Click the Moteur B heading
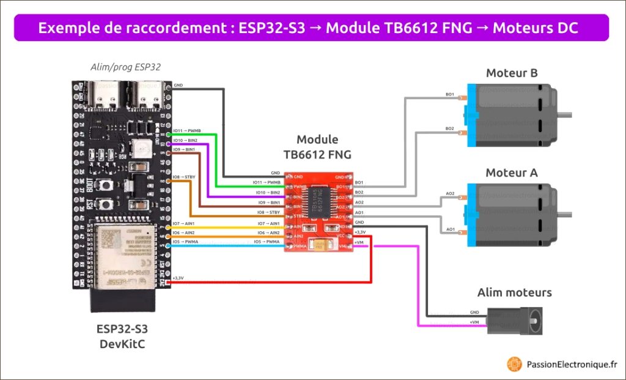(x=512, y=73)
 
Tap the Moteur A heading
(x=512, y=173)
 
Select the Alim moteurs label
(x=514, y=292)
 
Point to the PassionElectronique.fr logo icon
(x=514, y=364)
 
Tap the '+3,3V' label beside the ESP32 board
(x=179, y=278)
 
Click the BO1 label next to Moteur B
(x=449, y=95)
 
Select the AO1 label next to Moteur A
(x=451, y=229)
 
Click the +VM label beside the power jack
(x=474, y=322)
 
